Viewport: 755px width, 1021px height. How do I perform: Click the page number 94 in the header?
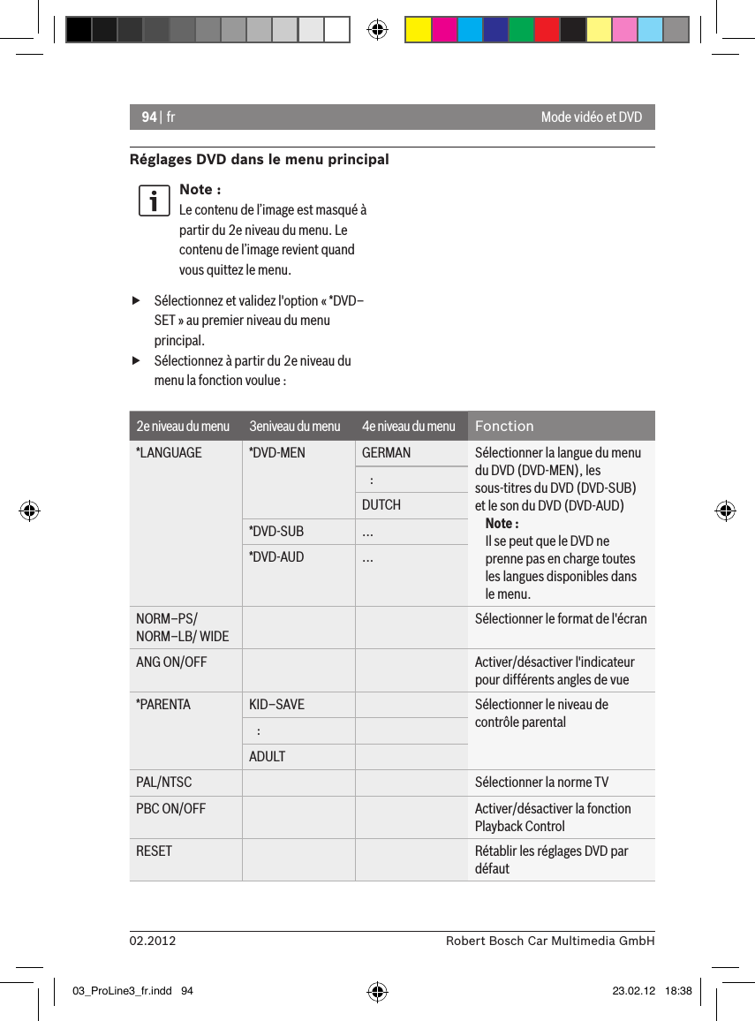pyautogui.click(x=149, y=117)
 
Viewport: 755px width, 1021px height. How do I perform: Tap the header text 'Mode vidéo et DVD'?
pyautogui.click(x=591, y=117)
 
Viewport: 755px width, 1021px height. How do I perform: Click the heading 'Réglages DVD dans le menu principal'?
pyautogui.click(x=259, y=160)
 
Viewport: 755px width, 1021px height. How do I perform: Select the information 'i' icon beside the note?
pyautogui.click(x=154, y=200)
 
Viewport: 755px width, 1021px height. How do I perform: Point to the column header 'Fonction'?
pyautogui.click(x=504, y=427)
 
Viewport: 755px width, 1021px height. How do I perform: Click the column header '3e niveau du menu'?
pyautogui.click(x=294, y=427)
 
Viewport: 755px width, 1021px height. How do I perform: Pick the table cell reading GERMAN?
pyautogui.click(x=386, y=453)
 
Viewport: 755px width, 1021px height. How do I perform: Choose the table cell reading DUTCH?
pyautogui.click(x=381, y=505)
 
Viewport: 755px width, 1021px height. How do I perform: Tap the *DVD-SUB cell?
pyautogui.click(x=276, y=532)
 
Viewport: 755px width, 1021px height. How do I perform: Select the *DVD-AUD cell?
pyautogui.click(x=276, y=557)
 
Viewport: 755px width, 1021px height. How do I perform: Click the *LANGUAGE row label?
pyautogui.click(x=169, y=453)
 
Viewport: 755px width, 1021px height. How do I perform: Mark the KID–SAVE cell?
pyautogui.click(x=276, y=705)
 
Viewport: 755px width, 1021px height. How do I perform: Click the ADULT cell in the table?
pyautogui.click(x=268, y=757)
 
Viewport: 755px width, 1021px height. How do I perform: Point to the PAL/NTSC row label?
pyautogui.click(x=163, y=783)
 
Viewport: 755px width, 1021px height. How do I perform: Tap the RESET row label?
pyautogui.click(x=155, y=851)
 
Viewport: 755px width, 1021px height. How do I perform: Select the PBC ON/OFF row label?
pyautogui.click(x=170, y=809)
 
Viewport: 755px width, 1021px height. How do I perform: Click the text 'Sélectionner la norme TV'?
pyautogui.click(x=541, y=783)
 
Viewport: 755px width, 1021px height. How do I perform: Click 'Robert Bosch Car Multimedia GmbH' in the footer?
pyautogui.click(x=550, y=942)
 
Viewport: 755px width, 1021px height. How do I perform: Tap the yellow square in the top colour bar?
pyautogui.click(x=418, y=30)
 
